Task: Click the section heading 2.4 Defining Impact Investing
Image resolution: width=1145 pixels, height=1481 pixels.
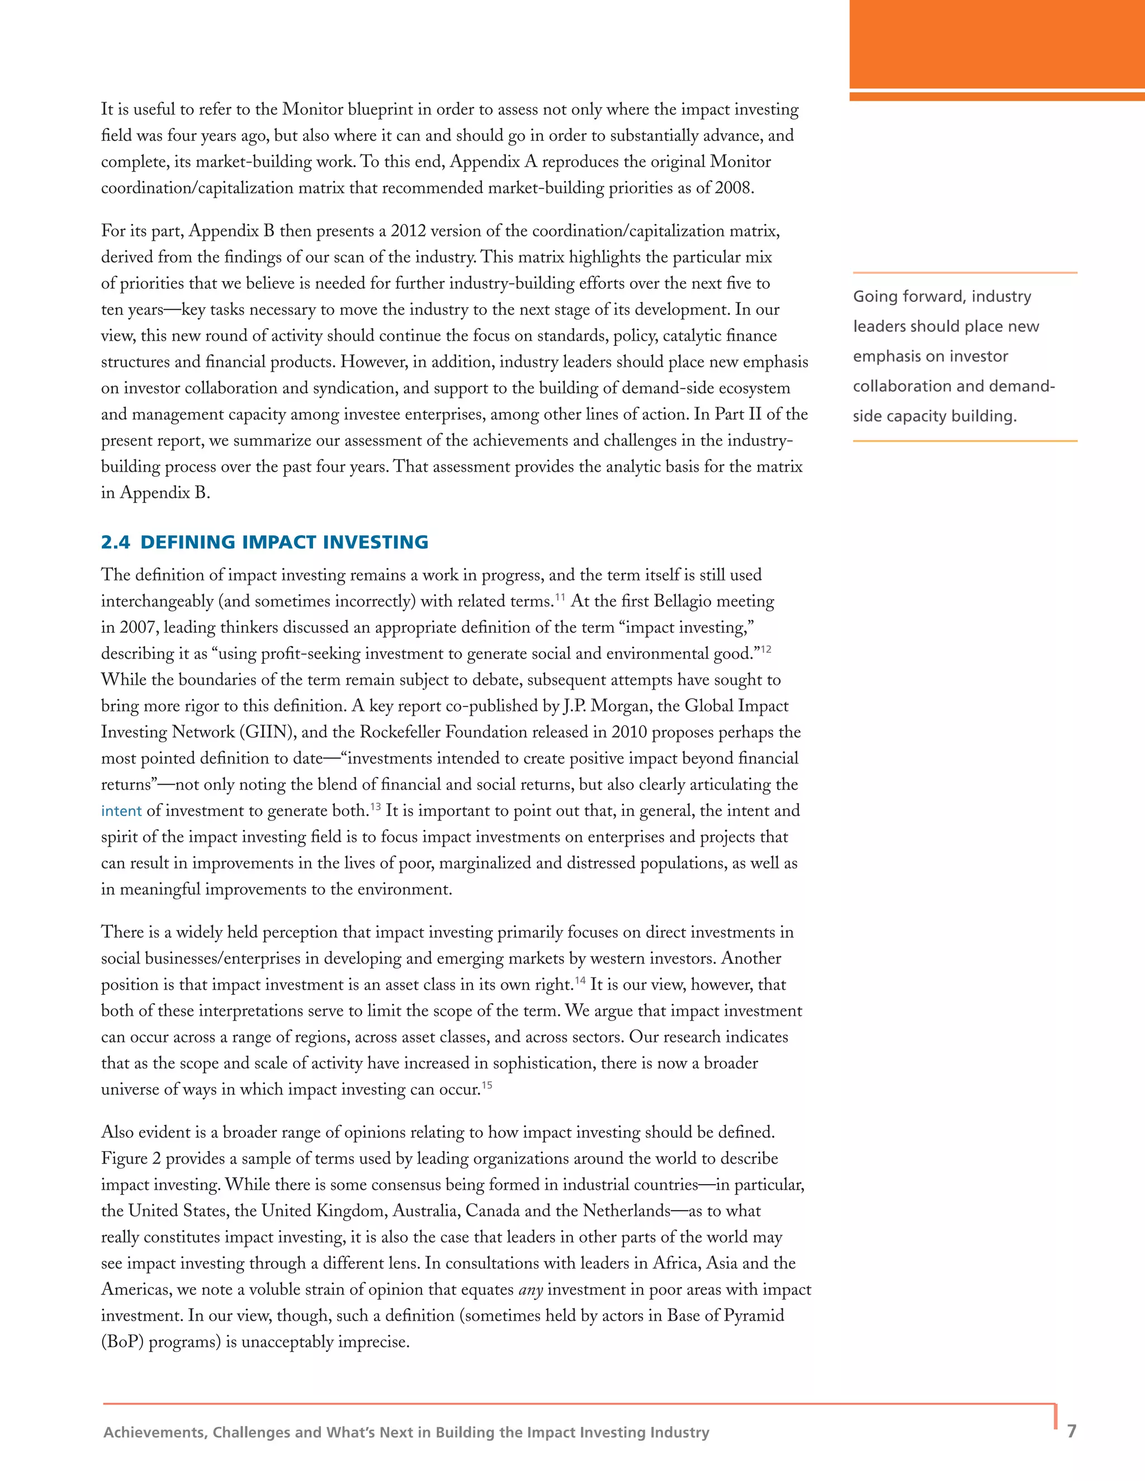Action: click(x=264, y=543)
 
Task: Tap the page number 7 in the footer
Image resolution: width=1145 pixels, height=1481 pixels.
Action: click(x=1072, y=1431)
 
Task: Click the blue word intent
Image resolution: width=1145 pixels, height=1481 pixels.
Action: click(x=121, y=811)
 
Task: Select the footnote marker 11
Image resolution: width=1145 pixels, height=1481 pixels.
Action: click(x=560, y=597)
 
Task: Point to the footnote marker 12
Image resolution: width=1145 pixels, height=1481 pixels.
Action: click(x=766, y=649)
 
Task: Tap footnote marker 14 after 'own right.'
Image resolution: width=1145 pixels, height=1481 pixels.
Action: click(x=581, y=981)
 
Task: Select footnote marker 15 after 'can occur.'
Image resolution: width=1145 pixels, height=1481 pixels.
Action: click(x=487, y=1086)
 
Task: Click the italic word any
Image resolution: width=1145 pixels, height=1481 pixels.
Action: click(x=531, y=1290)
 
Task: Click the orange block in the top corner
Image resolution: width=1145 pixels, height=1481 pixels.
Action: click(x=997, y=44)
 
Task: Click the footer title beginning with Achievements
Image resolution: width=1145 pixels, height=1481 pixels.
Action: click(x=406, y=1432)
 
